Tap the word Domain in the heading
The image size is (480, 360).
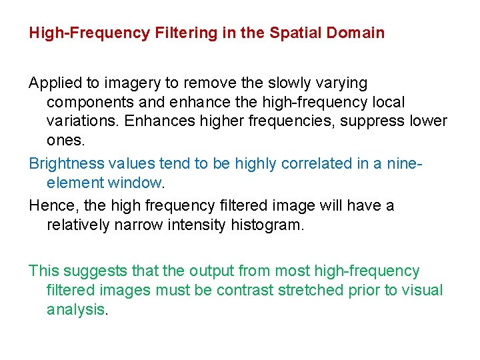pyautogui.click(x=358, y=33)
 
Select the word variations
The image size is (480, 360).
pyautogui.click(x=79, y=122)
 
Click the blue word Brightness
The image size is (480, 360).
pyautogui.click(x=67, y=163)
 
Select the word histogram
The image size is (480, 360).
pyautogui.click(x=267, y=225)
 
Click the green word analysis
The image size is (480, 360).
pyautogui.click(x=76, y=310)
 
